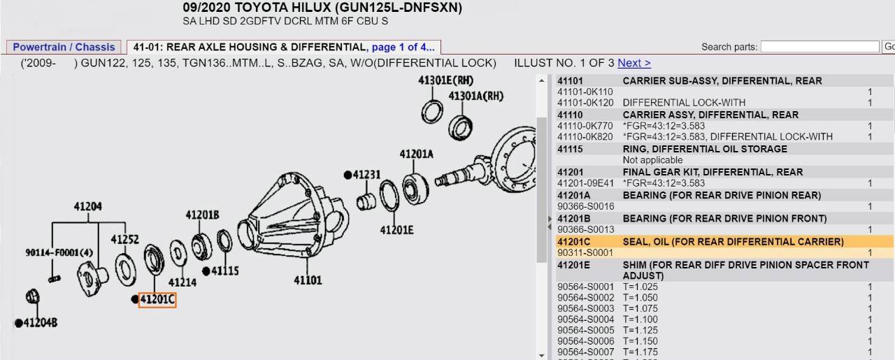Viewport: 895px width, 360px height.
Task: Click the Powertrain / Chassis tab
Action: (64, 48)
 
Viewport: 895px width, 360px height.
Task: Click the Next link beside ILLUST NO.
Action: (633, 63)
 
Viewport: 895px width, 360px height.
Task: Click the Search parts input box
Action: (819, 47)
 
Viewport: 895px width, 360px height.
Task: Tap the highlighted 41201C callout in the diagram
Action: (157, 300)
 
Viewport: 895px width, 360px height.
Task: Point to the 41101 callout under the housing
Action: (308, 280)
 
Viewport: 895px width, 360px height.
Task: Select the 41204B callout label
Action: (40, 322)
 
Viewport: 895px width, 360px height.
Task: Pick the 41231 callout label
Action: (366, 175)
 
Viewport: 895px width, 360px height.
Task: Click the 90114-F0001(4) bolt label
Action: (59, 252)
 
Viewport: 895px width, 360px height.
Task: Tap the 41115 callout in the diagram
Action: (224, 271)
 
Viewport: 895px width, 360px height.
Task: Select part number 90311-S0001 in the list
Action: (585, 252)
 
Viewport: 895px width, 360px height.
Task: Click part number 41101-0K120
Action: (585, 103)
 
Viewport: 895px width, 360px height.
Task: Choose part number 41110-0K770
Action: (585, 126)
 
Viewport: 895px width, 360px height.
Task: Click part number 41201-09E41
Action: (585, 183)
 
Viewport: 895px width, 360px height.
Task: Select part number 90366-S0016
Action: (585, 206)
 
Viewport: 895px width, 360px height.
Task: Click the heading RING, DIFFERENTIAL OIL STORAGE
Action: (704, 149)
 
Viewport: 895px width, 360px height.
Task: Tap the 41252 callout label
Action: (124, 240)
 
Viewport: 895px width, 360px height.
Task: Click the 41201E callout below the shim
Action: (396, 229)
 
